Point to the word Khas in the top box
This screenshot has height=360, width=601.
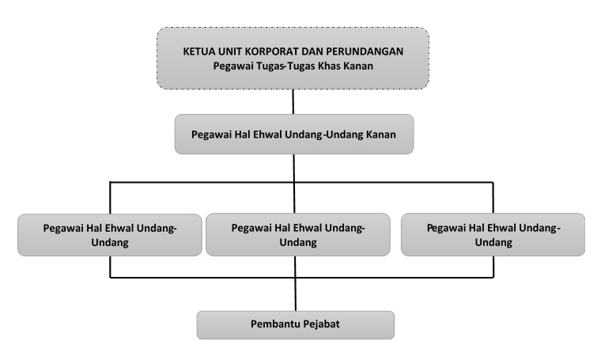331,66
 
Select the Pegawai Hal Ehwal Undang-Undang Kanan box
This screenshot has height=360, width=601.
294,135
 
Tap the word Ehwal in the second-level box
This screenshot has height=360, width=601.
268,135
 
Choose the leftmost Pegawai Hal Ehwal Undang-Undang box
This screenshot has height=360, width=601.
110,235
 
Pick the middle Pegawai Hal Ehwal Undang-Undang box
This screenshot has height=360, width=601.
298,235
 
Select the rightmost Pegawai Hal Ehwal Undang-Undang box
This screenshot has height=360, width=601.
493,235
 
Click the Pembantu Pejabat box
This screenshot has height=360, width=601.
296,325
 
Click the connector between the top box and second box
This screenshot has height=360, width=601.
293,101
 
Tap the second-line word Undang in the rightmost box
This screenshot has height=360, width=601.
493,242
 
